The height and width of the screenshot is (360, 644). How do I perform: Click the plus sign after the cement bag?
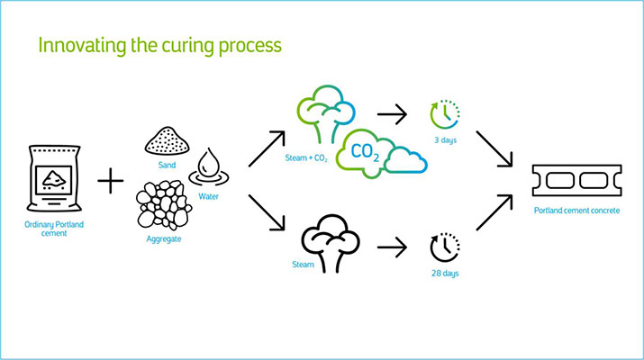point(110,182)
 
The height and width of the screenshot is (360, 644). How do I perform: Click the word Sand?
point(165,166)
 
